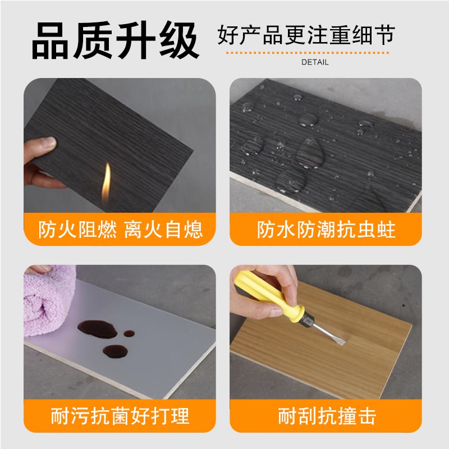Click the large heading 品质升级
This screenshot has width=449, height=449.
coord(115,40)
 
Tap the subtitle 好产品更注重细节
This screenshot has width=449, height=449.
coord(306,35)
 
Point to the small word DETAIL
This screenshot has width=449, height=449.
coord(315,62)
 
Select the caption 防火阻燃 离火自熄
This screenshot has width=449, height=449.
coord(120,230)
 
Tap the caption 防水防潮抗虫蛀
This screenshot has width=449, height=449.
coord(326,230)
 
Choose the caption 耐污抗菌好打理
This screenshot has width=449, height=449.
coord(120,416)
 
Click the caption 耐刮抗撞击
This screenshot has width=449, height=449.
coord(326,416)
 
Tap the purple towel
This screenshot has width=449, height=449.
coord(48,303)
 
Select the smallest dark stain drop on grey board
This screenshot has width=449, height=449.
coord(129,333)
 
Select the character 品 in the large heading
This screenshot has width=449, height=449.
coord(52,40)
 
